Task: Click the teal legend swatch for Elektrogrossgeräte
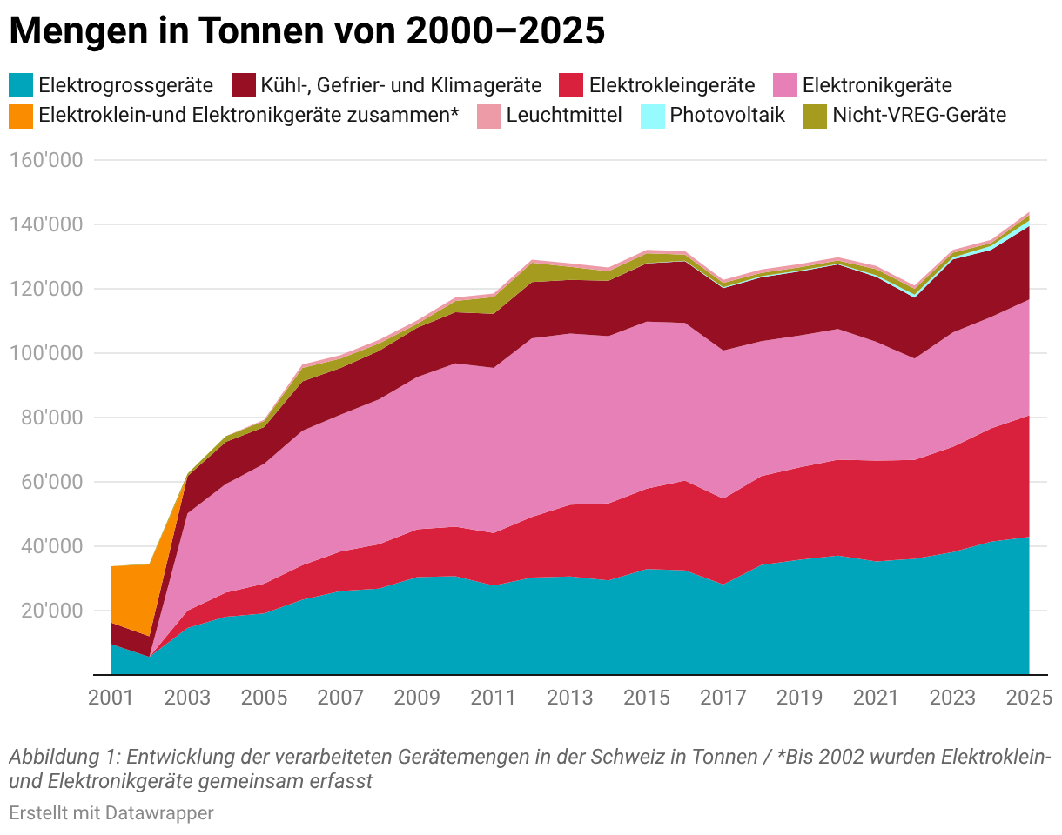[21, 85]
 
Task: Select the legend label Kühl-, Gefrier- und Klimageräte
[401, 86]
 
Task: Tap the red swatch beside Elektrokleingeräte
[571, 85]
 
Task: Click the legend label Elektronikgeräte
[877, 86]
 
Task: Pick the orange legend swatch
[21, 117]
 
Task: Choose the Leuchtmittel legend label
[564, 116]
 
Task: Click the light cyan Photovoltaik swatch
[652, 117]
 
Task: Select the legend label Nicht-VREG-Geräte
[919, 116]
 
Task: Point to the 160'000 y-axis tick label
[46, 160]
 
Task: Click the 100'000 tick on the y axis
[46, 354]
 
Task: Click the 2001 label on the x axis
[111, 698]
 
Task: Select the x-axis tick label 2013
[570, 698]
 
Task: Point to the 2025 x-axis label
[1029, 698]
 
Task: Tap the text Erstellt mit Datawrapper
[111, 813]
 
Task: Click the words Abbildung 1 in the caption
[64, 757]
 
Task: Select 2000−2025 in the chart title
[506, 31]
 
